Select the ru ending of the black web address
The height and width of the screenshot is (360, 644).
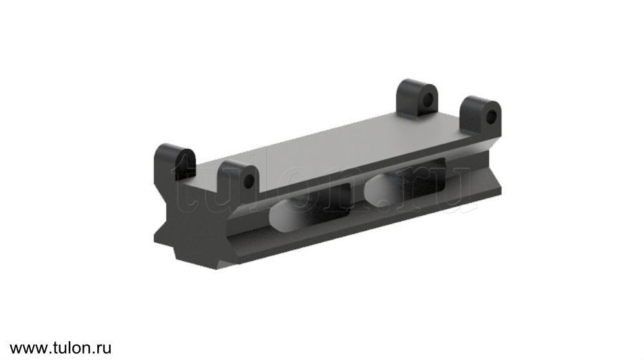104,349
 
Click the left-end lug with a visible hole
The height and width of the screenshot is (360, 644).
238,179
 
